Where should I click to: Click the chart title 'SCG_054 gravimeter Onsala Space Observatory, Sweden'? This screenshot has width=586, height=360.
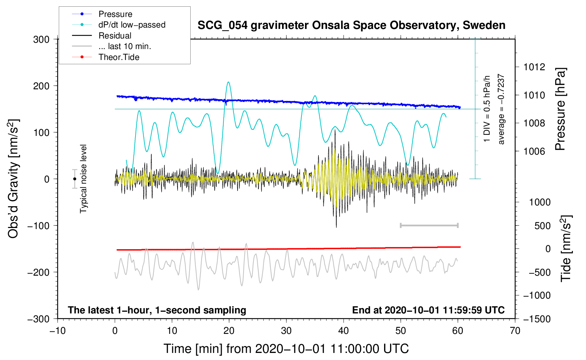(x=351, y=25)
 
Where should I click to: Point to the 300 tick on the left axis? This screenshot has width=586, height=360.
(x=41, y=40)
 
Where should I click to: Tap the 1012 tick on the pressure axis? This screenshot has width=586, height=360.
(x=534, y=67)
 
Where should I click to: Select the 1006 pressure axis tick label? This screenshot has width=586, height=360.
(x=534, y=151)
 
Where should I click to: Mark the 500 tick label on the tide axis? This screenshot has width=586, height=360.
(x=542, y=226)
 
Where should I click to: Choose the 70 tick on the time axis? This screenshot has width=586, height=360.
(x=515, y=331)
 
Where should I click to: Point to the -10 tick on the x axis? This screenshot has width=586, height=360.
(x=58, y=331)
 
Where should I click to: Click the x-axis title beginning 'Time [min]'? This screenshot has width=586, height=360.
(x=286, y=349)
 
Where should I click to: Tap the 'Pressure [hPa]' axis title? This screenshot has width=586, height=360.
(x=560, y=109)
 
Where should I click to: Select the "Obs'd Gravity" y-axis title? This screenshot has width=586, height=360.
(x=13, y=179)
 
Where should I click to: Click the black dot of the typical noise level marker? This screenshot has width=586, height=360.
(x=75, y=179)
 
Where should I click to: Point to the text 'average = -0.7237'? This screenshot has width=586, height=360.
(x=501, y=109)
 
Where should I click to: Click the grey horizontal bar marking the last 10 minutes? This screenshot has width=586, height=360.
(x=429, y=225)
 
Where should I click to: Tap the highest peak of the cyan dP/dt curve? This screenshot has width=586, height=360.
(x=229, y=82)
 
